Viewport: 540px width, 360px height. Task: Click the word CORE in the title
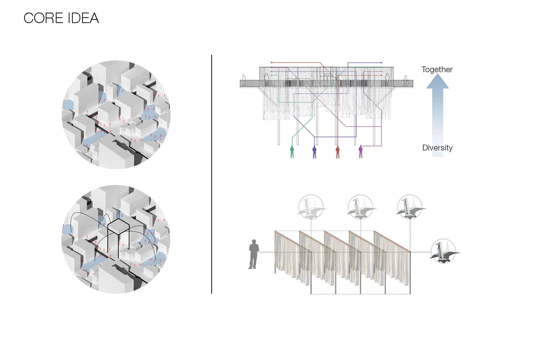(43, 18)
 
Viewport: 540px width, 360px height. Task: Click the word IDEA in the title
(84, 18)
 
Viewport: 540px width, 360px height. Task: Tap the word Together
(437, 70)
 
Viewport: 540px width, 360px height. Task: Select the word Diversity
(437, 148)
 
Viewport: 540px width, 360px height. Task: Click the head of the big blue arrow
(437, 81)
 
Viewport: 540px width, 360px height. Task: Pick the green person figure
(292, 152)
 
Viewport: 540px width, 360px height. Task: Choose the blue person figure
(314, 152)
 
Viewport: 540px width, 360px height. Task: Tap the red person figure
(338, 152)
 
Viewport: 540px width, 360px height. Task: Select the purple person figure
(361, 152)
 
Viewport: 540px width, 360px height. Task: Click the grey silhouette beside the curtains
(253, 254)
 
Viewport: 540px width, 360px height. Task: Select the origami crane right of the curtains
(444, 251)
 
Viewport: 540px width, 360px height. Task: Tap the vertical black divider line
(212, 174)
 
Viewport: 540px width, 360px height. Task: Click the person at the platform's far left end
(244, 80)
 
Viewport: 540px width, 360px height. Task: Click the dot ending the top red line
(271, 62)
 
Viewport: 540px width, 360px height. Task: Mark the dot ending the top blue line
(381, 63)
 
